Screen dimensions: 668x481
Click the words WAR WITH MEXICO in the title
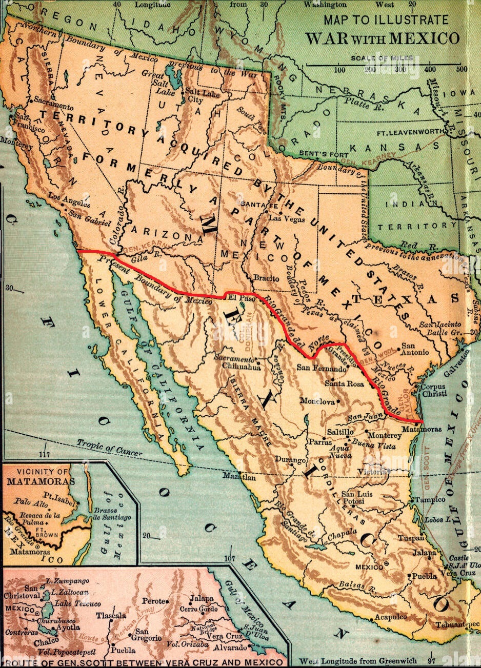383,38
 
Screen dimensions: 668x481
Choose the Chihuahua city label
242,366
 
